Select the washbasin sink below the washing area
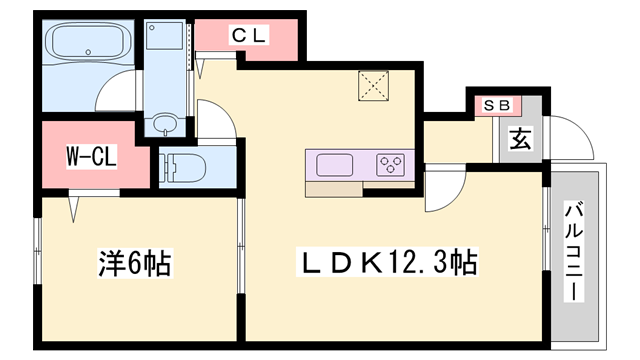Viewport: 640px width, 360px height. pyautogui.click(x=165, y=122)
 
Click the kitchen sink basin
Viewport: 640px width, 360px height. pyautogui.click(x=334, y=165)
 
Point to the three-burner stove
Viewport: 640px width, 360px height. pyautogui.click(x=391, y=165)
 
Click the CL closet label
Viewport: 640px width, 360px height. pyautogui.click(x=249, y=35)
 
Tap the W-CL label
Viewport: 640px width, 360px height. pyautogui.click(x=92, y=156)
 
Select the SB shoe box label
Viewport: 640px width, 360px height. pyautogui.click(x=497, y=106)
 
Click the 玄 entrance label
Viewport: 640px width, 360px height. pyautogui.click(x=520, y=139)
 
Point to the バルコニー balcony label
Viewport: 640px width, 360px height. pyautogui.click(x=574, y=251)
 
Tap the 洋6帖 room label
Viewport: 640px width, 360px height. pyautogui.click(x=135, y=263)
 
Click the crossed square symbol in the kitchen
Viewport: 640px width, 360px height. pyautogui.click(x=373, y=86)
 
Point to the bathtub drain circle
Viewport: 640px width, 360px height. pyautogui.click(x=88, y=52)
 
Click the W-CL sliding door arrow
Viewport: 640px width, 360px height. pyautogui.click(x=73, y=209)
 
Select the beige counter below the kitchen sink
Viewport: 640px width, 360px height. pyautogui.click(x=334, y=190)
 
